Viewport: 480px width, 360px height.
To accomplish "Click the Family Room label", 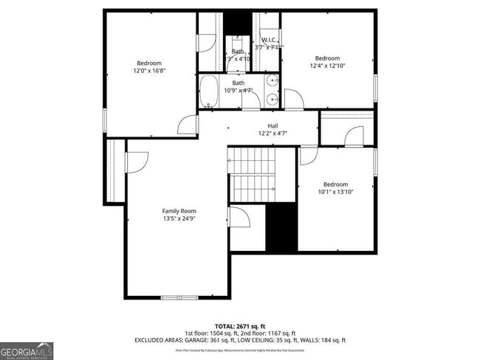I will tap(179, 210).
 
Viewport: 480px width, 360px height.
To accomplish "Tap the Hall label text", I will tap(272, 125).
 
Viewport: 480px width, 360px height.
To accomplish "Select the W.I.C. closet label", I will tap(268, 40).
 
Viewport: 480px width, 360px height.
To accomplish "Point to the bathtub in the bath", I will tap(210, 91).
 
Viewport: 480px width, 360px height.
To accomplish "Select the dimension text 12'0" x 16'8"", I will tap(148, 72).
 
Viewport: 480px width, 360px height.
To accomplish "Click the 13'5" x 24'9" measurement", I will tap(179, 218).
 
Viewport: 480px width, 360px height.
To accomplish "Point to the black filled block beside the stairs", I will tap(281, 227).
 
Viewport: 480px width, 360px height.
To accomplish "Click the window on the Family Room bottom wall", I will tap(179, 297).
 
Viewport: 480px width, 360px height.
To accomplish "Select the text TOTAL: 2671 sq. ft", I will tap(239, 325).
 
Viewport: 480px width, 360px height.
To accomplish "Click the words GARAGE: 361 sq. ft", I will tap(209, 340).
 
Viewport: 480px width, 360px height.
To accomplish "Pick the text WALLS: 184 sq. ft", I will tap(320, 340).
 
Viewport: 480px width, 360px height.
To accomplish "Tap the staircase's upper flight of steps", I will tap(251, 159).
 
